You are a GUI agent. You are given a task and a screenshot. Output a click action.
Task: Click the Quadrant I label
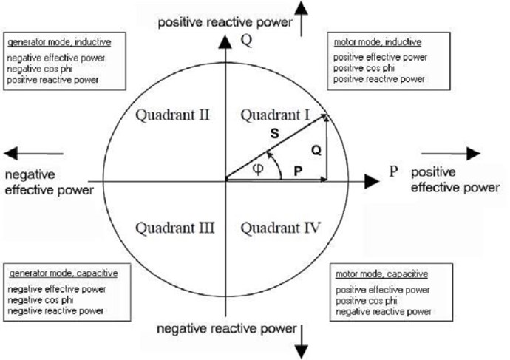pyautogui.click(x=275, y=115)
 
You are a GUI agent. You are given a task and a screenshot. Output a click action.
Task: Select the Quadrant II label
pyautogui.click(x=172, y=115)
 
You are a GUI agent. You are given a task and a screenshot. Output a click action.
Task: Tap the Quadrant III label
pyautogui.click(x=175, y=228)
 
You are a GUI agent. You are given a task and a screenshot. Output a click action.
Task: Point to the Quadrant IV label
pyautogui.click(x=280, y=228)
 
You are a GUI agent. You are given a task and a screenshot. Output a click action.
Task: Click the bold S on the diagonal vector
pyautogui.click(x=275, y=133)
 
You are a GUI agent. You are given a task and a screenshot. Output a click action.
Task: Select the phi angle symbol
pyautogui.click(x=258, y=169)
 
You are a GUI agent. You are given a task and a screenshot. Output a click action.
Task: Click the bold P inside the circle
pyautogui.click(x=298, y=171)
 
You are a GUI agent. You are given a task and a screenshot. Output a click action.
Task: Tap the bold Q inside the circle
pyautogui.click(x=316, y=150)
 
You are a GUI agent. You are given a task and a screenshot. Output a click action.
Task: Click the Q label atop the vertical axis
pyautogui.click(x=246, y=41)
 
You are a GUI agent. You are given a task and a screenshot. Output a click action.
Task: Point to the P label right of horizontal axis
pyautogui.click(x=393, y=171)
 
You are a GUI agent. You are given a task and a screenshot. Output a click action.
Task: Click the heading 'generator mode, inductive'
pyautogui.click(x=59, y=42)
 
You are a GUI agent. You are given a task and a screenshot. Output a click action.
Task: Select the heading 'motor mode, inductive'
pyautogui.click(x=378, y=42)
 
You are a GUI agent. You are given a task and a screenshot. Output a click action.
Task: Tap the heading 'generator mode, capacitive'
pyautogui.click(x=64, y=274)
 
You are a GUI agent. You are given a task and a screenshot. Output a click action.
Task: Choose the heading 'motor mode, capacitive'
pyautogui.click(x=382, y=274)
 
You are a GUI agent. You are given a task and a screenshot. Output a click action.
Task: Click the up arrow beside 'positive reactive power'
pyautogui.click(x=301, y=19)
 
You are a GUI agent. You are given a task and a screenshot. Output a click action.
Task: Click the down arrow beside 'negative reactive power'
pyautogui.click(x=302, y=342)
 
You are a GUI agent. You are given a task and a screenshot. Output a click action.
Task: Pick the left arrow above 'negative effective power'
pyautogui.click(x=34, y=154)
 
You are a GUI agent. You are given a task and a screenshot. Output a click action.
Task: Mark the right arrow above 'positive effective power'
pyautogui.click(x=451, y=154)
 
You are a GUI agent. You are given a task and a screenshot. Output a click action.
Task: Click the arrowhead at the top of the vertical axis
pyautogui.click(x=225, y=42)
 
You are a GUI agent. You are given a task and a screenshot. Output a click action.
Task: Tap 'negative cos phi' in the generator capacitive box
pyautogui.click(x=41, y=300)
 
